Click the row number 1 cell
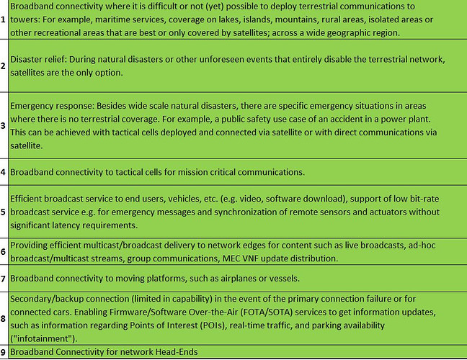point(4,19)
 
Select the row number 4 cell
point(4,171)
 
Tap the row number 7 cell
point(4,278)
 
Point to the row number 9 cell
point(4,353)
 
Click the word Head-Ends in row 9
point(174,353)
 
